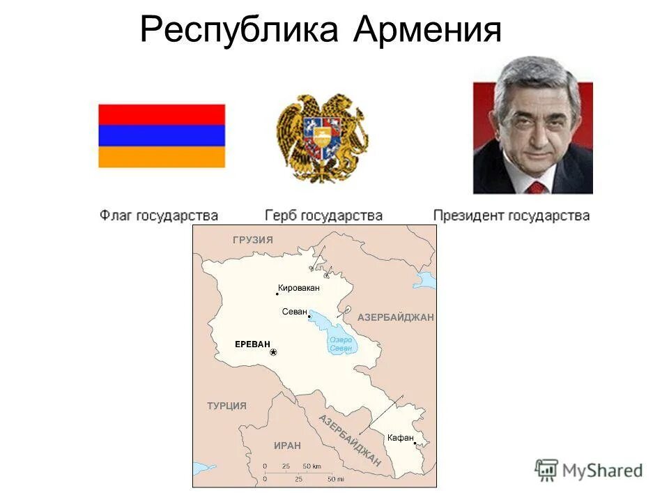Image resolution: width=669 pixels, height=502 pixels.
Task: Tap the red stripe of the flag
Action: pos(162,114)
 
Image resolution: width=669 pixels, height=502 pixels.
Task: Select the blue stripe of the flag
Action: pos(162,135)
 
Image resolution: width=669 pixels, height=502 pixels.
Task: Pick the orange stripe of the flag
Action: pos(162,156)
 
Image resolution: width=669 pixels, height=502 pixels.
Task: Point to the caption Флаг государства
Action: pos(159,215)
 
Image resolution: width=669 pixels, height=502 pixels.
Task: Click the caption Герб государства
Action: pos(323,215)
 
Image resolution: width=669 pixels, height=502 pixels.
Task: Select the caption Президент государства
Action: pos(512,215)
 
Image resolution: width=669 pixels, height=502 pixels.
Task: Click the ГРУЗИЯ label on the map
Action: pos(253,240)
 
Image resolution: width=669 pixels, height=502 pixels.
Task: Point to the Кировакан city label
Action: pos(298,287)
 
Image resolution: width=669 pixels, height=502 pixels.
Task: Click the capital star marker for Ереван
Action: pos(273,353)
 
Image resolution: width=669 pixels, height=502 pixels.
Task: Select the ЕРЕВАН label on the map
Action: pos(252,344)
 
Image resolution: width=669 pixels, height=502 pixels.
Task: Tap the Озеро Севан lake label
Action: pos(341,344)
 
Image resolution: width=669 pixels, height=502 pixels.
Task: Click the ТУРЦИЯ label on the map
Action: pos(226,406)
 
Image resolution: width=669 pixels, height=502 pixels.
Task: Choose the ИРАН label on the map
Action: pos(287,446)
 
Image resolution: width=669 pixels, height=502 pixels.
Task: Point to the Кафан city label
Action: pos(401,437)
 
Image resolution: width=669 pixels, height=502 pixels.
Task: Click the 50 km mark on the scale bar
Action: pos(311,466)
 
